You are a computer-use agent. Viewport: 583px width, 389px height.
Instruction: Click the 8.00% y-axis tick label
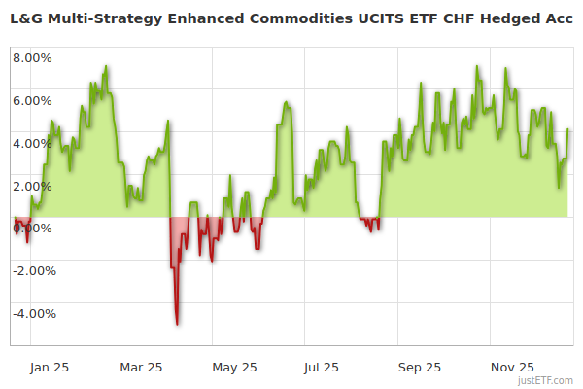tap(32, 57)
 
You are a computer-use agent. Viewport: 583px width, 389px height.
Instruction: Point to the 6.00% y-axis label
tap(32, 100)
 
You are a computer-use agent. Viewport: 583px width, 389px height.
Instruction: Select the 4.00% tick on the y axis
tap(32, 143)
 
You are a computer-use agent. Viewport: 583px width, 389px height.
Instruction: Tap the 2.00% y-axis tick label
tap(32, 186)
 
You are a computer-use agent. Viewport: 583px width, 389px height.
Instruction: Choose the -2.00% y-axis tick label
tap(29, 271)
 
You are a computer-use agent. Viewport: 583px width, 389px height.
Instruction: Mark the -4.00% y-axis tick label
tap(29, 314)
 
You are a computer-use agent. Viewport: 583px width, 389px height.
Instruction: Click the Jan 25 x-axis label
tap(49, 368)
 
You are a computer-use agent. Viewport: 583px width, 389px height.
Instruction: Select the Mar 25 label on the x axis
tap(142, 368)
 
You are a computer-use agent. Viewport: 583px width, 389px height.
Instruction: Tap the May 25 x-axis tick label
tap(234, 368)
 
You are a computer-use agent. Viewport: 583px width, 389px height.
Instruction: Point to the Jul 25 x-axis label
tap(321, 368)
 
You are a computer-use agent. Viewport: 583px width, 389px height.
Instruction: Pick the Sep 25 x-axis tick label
tap(420, 368)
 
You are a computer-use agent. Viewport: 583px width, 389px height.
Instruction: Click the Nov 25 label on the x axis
tap(512, 368)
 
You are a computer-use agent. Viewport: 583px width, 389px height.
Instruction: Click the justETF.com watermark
tap(547, 382)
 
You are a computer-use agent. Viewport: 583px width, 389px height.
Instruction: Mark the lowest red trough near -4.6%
tap(177, 324)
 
